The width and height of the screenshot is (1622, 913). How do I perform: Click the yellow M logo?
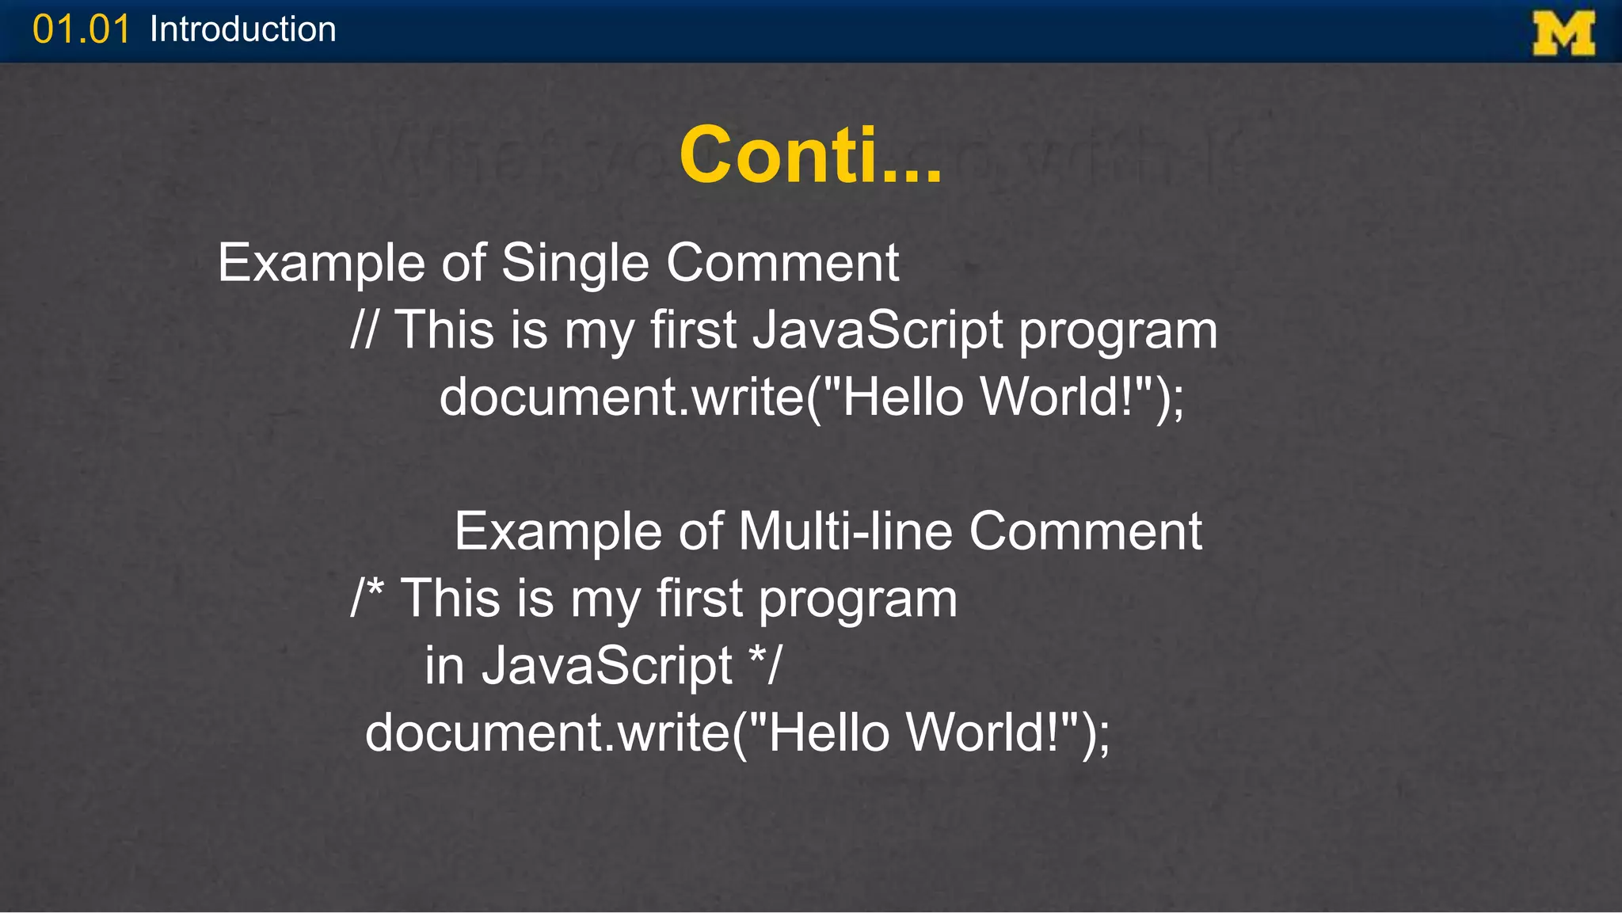pyautogui.click(x=1563, y=33)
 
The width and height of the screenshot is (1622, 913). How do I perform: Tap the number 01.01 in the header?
pyautogui.click(x=81, y=30)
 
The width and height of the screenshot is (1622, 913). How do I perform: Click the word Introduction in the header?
pyautogui.click(x=242, y=30)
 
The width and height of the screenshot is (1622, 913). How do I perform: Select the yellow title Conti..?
pyautogui.click(x=809, y=155)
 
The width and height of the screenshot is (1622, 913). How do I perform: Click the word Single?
pyautogui.click(x=575, y=263)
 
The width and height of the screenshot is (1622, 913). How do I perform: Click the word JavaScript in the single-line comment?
pyautogui.click(x=878, y=329)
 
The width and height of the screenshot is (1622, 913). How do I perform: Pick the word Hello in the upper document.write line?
pyautogui.click(x=903, y=397)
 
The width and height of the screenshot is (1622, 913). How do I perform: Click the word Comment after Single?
pyautogui.click(x=782, y=263)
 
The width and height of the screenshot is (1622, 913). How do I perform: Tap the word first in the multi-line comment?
pyautogui.click(x=699, y=598)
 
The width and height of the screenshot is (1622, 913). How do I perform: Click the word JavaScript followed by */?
pyautogui.click(x=607, y=665)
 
